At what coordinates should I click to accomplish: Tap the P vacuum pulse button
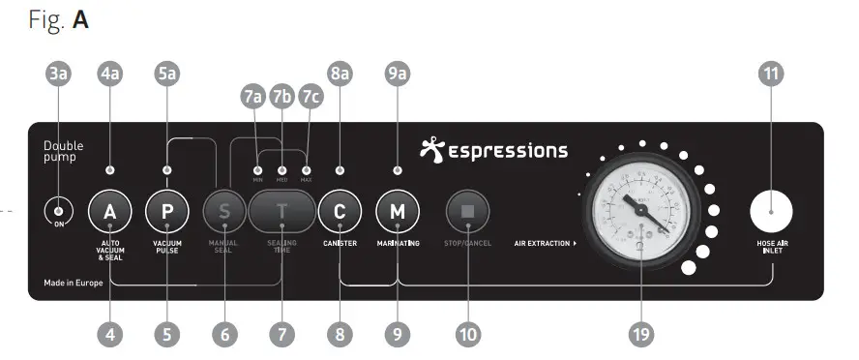pyautogui.click(x=166, y=211)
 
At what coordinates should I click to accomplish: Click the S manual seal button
pyautogui.click(x=224, y=211)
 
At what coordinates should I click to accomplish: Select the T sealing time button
pyautogui.click(x=282, y=211)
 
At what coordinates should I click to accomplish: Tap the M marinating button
pyautogui.click(x=397, y=211)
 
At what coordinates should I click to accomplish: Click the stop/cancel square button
pyautogui.click(x=466, y=211)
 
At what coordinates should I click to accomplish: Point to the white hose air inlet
pyautogui.click(x=771, y=211)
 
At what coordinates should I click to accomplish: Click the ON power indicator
pyautogui.click(x=58, y=212)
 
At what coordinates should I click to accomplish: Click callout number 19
pyautogui.click(x=640, y=334)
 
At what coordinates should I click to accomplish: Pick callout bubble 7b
pyautogui.click(x=281, y=97)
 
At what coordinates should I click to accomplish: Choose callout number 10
pyautogui.click(x=467, y=334)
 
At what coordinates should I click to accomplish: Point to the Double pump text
pyautogui.click(x=64, y=151)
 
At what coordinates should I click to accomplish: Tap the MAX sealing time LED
pyautogui.click(x=306, y=170)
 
